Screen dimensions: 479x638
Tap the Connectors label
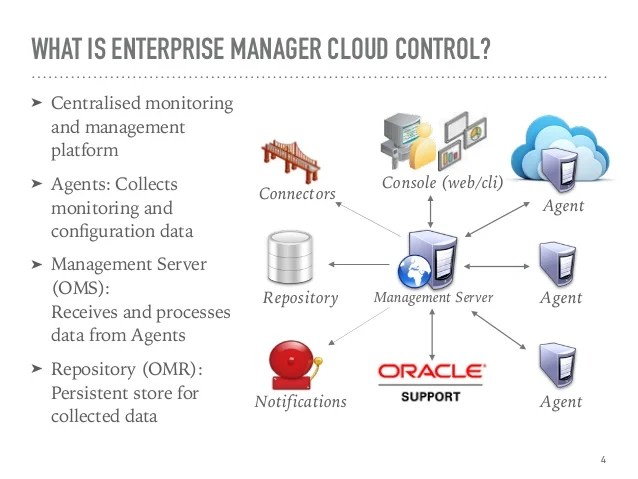click(x=297, y=193)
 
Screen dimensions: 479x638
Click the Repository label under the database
click(x=301, y=298)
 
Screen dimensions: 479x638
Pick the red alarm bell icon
click(x=293, y=364)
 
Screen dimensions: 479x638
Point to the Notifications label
click(x=300, y=402)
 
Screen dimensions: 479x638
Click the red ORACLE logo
click(x=431, y=372)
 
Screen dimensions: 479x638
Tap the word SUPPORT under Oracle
click(x=431, y=396)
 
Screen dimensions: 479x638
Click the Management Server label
click(x=433, y=298)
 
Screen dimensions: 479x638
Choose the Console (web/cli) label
click(x=442, y=183)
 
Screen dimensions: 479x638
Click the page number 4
click(x=603, y=460)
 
